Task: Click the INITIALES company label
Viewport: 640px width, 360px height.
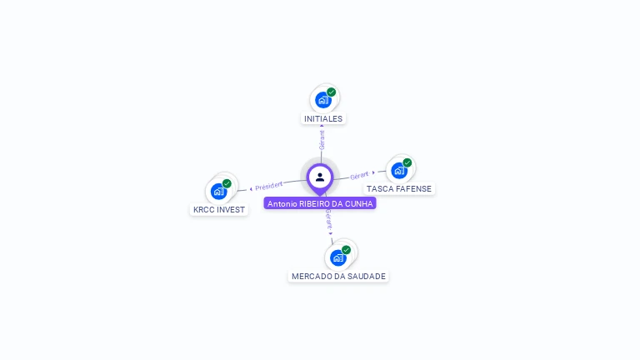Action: click(x=323, y=118)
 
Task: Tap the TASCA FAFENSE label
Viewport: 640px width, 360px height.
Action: click(x=399, y=188)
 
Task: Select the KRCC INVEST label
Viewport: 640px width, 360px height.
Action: click(x=219, y=209)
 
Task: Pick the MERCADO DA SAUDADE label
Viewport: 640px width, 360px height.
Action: click(x=338, y=276)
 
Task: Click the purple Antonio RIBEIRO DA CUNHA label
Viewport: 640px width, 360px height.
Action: click(x=320, y=203)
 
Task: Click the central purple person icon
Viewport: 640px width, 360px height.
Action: click(x=320, y=177)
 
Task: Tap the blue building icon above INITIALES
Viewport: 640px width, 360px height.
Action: click(x=322, y=100)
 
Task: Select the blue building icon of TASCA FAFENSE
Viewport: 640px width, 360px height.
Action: click(x=399, y=170)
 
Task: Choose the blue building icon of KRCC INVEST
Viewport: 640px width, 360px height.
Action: click(x=219, y=191)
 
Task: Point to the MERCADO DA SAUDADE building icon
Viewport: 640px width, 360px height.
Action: click(x=337, y=257)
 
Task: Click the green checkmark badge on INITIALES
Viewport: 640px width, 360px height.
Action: click(x=332, y=92)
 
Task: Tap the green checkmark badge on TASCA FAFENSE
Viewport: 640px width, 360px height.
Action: click(x=407, y=162)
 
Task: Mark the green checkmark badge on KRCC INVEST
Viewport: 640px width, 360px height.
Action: click(x=227, y=183)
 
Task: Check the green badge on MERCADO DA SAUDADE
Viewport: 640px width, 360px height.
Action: click(x=346, y=249)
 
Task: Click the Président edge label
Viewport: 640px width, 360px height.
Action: click(x=268, y=185)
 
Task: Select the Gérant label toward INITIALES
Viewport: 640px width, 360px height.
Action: click(x=322, y=140)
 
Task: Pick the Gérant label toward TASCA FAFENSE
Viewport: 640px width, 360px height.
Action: click(x=359, y=175)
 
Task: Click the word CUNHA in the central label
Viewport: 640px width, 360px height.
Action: click(x=359, y=203)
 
